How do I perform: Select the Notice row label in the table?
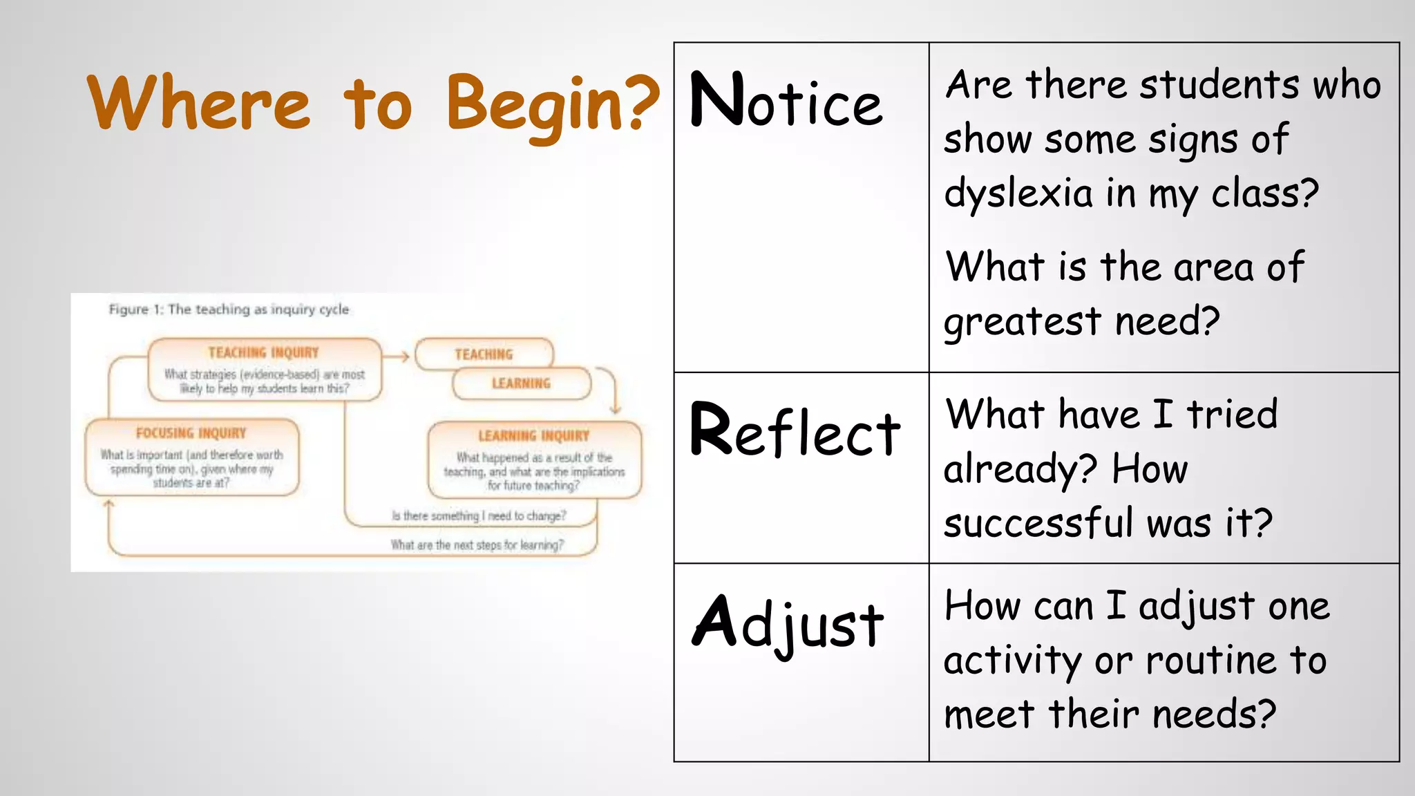(x=786, y=102)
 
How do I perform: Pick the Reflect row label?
(x=795, y=431)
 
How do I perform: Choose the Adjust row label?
(x=788, y=624)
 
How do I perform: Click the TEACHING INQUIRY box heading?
(x=264, y=353)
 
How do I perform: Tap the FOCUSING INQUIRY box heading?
(x=191, y=433)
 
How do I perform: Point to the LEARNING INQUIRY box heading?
(x=533, y=436)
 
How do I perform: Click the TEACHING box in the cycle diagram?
(x=484, y=354)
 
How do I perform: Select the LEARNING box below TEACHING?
(x=521, y=383)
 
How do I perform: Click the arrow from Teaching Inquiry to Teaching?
(x=397, y=357)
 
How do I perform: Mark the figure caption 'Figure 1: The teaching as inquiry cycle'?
(x=229, y=310)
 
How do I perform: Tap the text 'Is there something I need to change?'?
(x=478, y=516)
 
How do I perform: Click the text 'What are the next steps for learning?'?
(x=477, y=545)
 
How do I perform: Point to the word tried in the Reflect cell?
(x=1232, y=415)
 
